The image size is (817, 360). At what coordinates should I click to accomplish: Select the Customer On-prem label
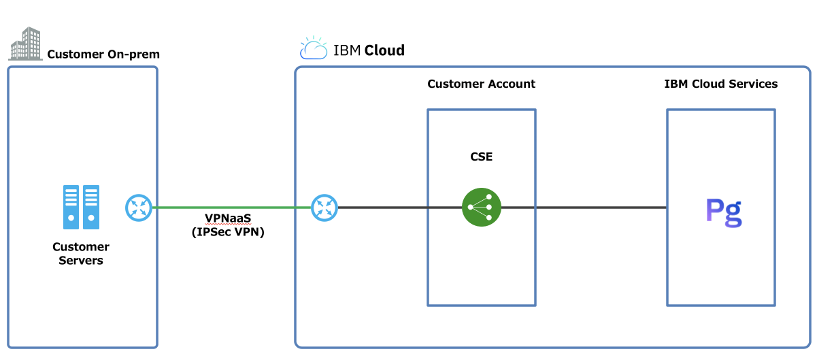[x=103, y=54]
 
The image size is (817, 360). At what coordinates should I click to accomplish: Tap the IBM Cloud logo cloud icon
[x=314, y=49]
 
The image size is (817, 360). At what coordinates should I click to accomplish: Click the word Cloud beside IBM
[x=384, y=50]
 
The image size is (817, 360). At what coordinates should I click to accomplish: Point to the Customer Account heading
[x=481, y=84]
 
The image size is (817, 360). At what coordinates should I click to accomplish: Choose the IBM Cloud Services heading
[x=720, y=84]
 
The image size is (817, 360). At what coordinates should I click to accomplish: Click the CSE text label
[x=481, y=157]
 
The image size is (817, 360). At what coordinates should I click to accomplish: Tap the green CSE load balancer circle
[x=482, y=208]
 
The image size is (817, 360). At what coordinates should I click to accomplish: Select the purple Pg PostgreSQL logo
[x=723, y=212]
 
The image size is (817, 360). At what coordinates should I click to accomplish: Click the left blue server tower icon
[x=71, y=207]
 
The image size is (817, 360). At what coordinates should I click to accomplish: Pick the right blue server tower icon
[x=91, y=207]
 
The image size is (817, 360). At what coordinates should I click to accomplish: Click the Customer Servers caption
[x=81, y=253]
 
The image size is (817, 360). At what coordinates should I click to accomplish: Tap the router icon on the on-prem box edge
[x=139, y=208]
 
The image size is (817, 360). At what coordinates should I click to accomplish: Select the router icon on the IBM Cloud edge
[x=324, y=208]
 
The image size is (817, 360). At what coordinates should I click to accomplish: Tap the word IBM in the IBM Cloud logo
[x=347, y=50]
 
